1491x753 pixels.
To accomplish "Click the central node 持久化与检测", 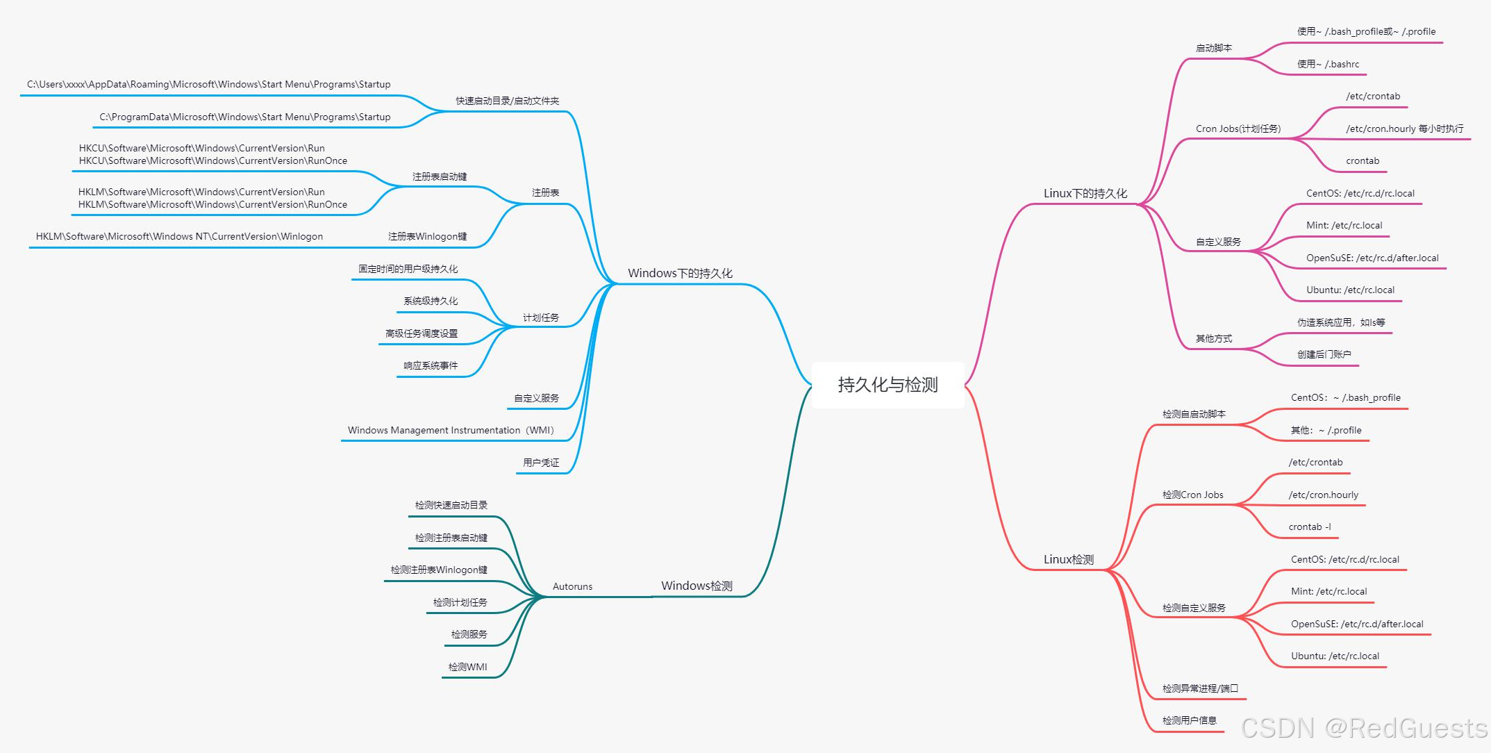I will point(888,385).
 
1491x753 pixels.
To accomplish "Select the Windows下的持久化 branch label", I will point(680,274).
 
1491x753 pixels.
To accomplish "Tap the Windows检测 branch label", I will point(697,586).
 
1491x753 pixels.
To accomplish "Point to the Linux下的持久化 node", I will point(1085,194).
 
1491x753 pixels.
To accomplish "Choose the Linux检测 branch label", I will point(1068,560).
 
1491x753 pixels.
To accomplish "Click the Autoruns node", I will point(572,587).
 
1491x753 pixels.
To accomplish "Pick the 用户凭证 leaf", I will point(540,463).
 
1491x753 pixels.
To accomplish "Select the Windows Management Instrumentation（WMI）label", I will point(451,431).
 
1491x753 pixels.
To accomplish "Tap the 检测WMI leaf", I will point(467,668).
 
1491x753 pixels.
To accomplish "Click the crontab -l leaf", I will point(1309,527).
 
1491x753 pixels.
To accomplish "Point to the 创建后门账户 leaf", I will point(1324,355).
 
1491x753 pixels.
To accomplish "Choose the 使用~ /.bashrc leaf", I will point(1328,65).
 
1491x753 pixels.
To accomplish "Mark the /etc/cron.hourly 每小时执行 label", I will point(1404,129).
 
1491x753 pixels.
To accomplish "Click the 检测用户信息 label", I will point(1189,721).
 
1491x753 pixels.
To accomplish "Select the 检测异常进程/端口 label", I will point(1200,689).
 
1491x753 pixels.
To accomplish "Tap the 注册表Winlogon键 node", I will point(427,237).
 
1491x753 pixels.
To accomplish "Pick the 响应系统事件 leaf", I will point(431,366).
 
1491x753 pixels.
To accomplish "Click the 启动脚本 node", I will point(1213,49).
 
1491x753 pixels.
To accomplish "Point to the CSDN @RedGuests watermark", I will point(1363,728).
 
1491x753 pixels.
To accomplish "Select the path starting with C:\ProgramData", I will point(244,117).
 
